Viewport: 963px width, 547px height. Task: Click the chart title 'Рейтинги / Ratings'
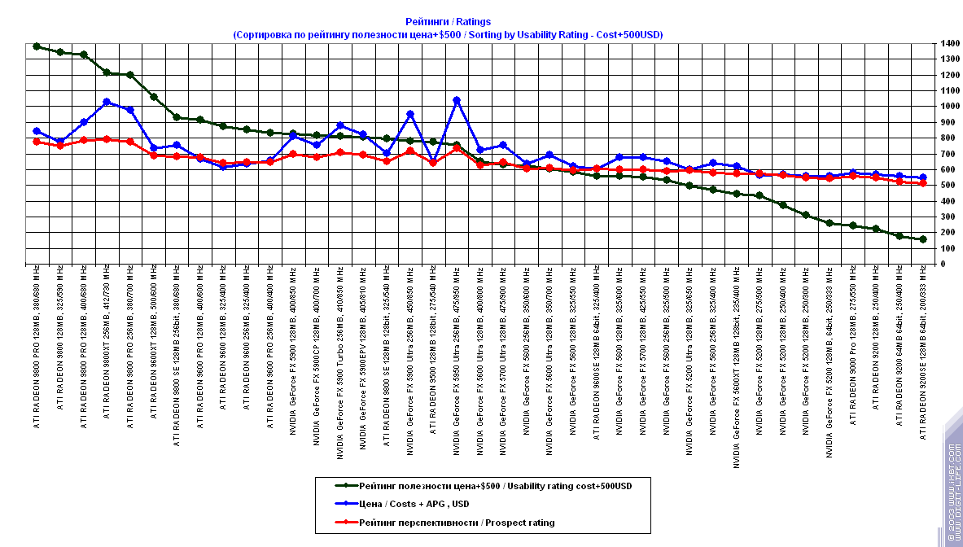(448, 22)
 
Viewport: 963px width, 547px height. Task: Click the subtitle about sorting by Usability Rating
(448, 35)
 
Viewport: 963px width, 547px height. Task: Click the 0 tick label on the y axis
(942, 264)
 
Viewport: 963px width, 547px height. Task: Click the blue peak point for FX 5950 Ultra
(457, 101)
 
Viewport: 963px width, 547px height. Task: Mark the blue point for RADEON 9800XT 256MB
(107, 102)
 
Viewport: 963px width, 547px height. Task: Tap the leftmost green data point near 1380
(37, 46)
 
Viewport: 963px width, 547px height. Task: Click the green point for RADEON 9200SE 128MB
(923, 239)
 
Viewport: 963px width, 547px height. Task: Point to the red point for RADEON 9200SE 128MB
(923, 184)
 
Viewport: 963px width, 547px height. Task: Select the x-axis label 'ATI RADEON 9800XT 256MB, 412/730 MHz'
(107, 341)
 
